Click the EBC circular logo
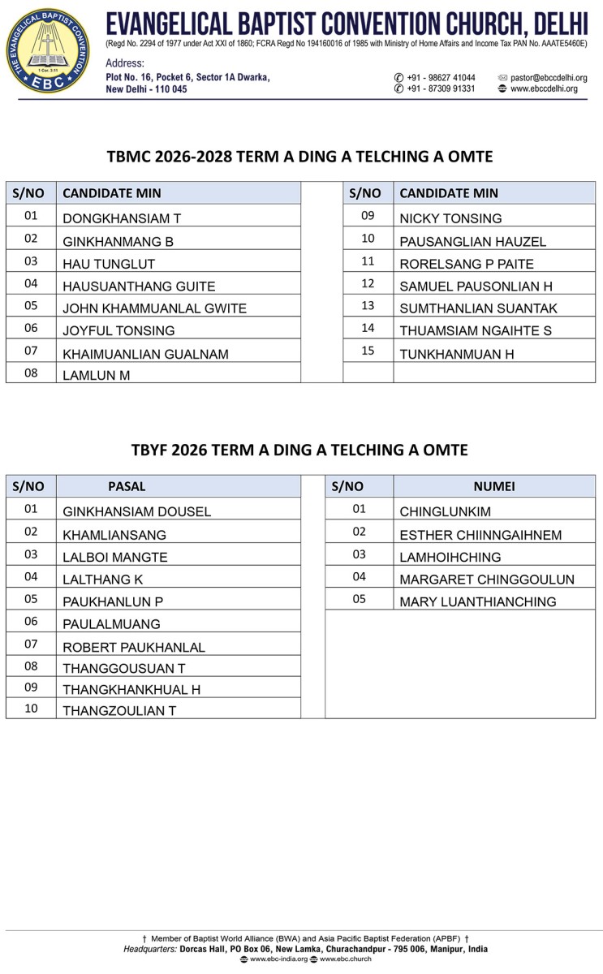point(50,50)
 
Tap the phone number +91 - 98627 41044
point(441,78)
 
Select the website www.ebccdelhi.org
point(544,88)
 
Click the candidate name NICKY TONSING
point(450,218)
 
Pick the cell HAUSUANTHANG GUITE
point(139,286)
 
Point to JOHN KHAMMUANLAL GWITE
point(154,308)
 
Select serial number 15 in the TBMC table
point(368,351)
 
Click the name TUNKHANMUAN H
point(457,354)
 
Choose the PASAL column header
point(127,486)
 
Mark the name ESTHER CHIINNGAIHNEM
point(480,535)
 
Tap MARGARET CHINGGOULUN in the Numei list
point(487,580)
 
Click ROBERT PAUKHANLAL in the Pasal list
point(134,647)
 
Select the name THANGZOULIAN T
point(119,710)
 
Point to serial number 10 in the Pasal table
point(31,708)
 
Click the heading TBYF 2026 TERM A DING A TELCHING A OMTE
point(300,450)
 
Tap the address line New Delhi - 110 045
point(146,89)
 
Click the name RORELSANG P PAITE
point(467,264)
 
